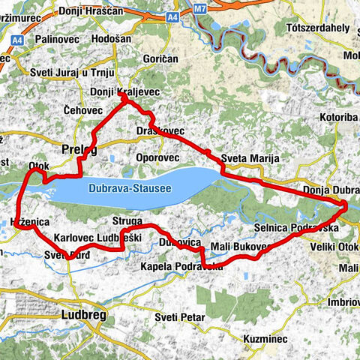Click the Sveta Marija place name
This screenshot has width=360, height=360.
click(250, 158)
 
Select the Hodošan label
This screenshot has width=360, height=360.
click(114, 38)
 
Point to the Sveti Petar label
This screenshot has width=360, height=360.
click(180, 317)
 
